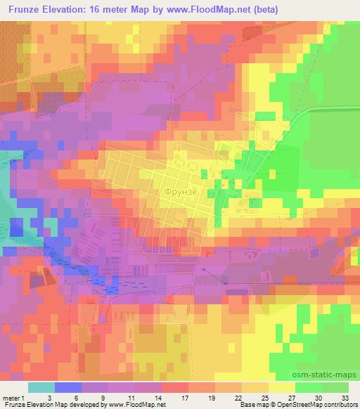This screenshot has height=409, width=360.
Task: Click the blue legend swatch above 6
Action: pos(67,387)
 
